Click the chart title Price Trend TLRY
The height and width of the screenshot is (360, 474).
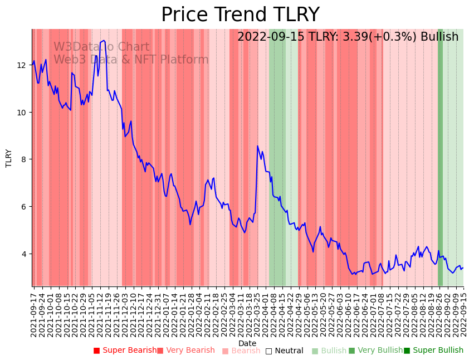pyautogui.click(x=240, y=14)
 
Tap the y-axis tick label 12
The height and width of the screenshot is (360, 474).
pyautogui.click(x=22, y=65)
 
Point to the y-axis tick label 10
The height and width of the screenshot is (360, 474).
pyautogui.click(x=22, y=113)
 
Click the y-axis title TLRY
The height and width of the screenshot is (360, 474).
pyautogui.click(x=9, y=158)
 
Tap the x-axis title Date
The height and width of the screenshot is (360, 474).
pyautogui.click(x=247, y=343)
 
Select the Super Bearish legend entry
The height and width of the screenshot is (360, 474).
pyautogui.click(x=125, y=351)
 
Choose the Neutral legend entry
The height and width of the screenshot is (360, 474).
pyautogui.click(x=284, y=351)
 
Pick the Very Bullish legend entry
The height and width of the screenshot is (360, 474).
pyautogui.click(x=375, y=351)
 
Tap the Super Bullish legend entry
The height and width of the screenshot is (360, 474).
pyautogui.click(x=433, y=351)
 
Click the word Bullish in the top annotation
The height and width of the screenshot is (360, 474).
pyautogui.click(x=439, y=37)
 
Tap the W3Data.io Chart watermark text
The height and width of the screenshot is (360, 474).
pyautogui.click(x=101, y=47)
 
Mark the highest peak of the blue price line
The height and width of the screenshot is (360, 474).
pyautogui.click(x=104, y=40)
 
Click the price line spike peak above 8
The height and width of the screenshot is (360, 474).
pyautogui.click(x=257, y=146)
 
